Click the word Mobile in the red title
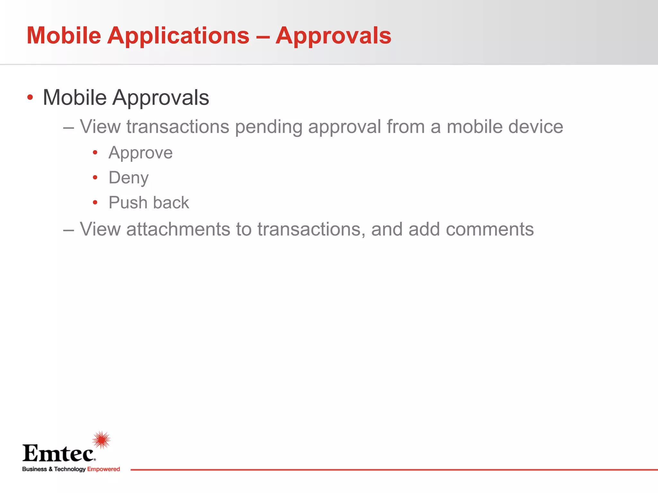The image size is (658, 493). [x=64, y=35]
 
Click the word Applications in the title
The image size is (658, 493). [x=178, y=36]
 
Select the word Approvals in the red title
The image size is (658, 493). [x=333, y=36]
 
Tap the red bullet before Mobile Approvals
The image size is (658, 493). [x=30, y=97]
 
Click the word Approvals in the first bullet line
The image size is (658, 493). [x=161, y=98]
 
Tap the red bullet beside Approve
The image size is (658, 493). [x=95, y=153]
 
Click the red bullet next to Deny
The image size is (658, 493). [x=95, y=177]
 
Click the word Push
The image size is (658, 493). [x=128, y=203]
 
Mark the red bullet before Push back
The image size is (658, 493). [x=95, y=203]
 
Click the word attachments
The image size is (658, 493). [x=178, y=229]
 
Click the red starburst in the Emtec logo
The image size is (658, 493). [x=102, y=440]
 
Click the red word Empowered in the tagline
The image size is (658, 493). [x=103, y=469]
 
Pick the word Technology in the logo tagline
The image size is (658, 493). [x=70, y=469]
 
